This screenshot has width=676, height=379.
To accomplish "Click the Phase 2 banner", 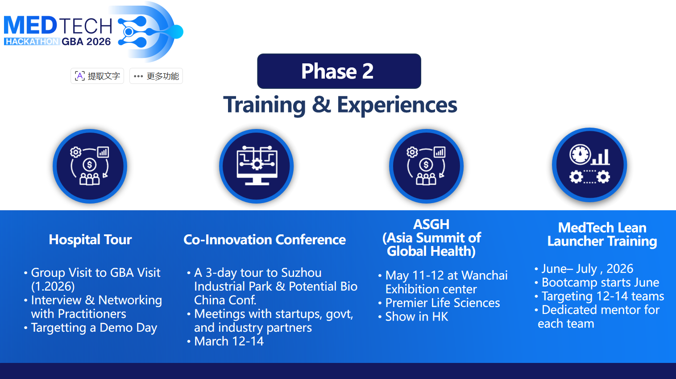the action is point(339,71).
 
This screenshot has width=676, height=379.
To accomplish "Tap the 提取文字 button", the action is point(97,76).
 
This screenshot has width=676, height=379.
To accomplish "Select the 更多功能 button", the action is point(156,76).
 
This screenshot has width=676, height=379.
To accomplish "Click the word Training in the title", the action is point(264,105).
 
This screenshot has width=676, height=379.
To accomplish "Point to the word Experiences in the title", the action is point(397,105).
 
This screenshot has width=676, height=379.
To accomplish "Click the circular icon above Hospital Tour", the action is point(90,166).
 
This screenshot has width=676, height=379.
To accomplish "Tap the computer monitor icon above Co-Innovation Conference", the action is point(257,166).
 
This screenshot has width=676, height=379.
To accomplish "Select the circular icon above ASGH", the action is point(427,166).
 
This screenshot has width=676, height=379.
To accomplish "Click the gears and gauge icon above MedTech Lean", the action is point(589,165).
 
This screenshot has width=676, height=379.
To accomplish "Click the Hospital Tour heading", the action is point(90,239).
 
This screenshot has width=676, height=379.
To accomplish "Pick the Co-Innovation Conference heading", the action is point(265,239).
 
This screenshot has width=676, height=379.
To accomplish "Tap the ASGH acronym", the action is point(431,225).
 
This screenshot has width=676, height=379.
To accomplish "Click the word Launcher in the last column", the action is point(575,242).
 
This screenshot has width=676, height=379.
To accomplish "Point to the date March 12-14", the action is point(229,341).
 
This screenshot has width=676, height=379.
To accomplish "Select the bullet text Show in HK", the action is point(417,317).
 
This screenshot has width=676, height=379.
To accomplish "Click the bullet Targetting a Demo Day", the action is point(94,328).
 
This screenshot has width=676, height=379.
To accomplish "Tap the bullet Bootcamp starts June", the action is point(601,283).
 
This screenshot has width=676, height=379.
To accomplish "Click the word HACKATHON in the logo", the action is point(32,42).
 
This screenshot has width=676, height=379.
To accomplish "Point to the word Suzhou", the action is point(302,273).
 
